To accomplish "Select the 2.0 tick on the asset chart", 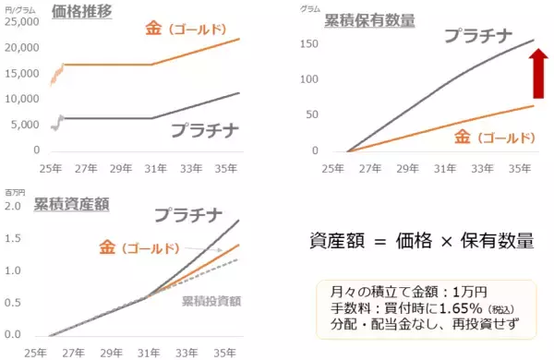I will click(15, 205).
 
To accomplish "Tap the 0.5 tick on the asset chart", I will click(15, 303).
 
